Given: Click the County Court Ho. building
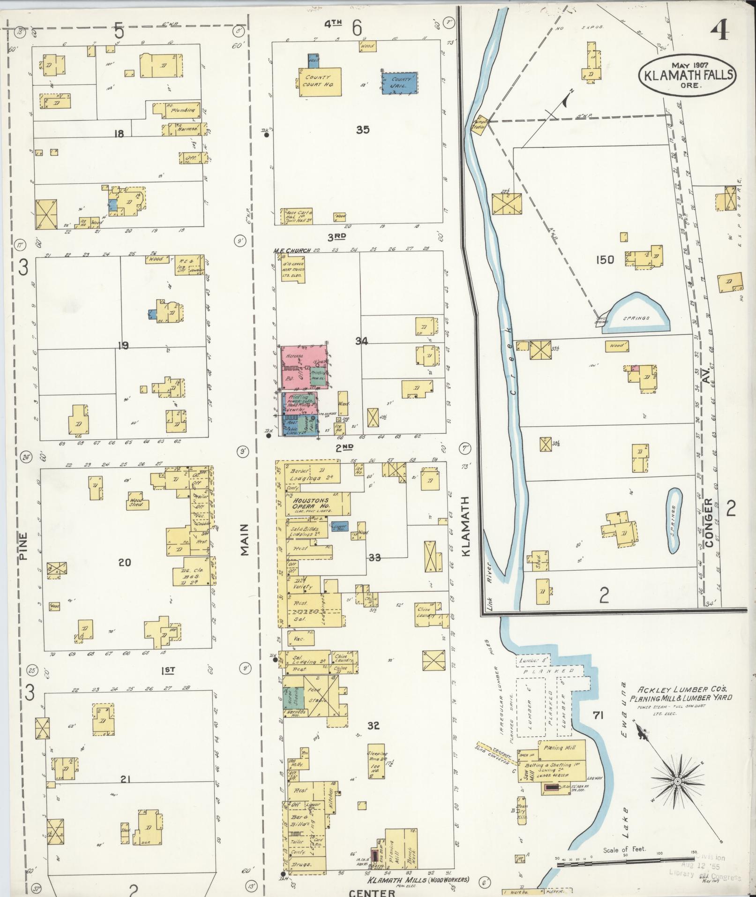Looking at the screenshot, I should coord(319,81).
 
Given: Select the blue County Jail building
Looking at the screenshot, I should coord(399,83).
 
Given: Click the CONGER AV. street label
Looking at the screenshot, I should coord(708,521).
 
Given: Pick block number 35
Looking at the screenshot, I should coord(362,130).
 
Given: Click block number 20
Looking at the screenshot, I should coord(124,562).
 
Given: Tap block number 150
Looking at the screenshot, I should coord(605,259).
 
